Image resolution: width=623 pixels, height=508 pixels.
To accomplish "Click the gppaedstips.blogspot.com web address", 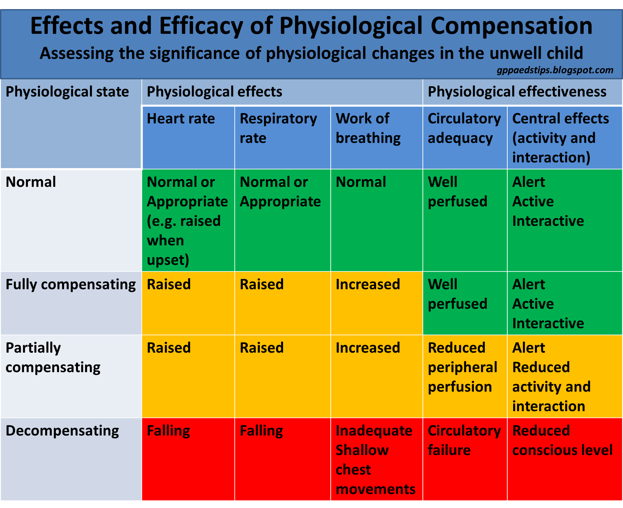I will click(x=555, y=70).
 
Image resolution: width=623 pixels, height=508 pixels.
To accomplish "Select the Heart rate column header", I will click(x=181, y=119).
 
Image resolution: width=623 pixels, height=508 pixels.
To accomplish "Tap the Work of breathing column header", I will click(x=368, y=128).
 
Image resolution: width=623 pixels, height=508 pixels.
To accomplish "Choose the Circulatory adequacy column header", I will click(x=464, y=128).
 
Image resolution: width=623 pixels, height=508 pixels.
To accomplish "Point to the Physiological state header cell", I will click(x=67, y=92).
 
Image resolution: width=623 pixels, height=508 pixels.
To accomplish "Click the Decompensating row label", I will click(x=62, y=431).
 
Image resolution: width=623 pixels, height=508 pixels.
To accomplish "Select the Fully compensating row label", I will click(x=71, y=285).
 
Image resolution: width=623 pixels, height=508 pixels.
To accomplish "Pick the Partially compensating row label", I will click(x=53, y=358).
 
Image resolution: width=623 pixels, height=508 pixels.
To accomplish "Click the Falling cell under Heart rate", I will click(x=168, y=431).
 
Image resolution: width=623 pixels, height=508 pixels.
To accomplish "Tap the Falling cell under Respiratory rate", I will click(x=261, y=431).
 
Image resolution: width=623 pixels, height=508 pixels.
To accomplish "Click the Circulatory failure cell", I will click(x=464, y=440).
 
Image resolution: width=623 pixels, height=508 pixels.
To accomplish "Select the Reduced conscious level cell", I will click(x=562, y=440).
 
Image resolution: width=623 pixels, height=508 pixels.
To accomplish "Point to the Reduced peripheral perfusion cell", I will click(x=462, y=367).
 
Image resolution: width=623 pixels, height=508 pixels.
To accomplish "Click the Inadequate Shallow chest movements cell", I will click(x=375, y=460).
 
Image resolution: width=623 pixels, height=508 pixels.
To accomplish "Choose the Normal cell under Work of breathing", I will click(x=361, y=182).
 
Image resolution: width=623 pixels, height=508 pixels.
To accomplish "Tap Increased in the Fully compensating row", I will click(x=368, y=285).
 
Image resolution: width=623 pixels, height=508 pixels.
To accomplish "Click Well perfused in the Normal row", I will click(x=457, y=192).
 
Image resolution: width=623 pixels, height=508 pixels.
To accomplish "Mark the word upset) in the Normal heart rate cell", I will click(x=168, y=260).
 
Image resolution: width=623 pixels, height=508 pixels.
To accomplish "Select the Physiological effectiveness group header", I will click(x=517, y=92).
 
